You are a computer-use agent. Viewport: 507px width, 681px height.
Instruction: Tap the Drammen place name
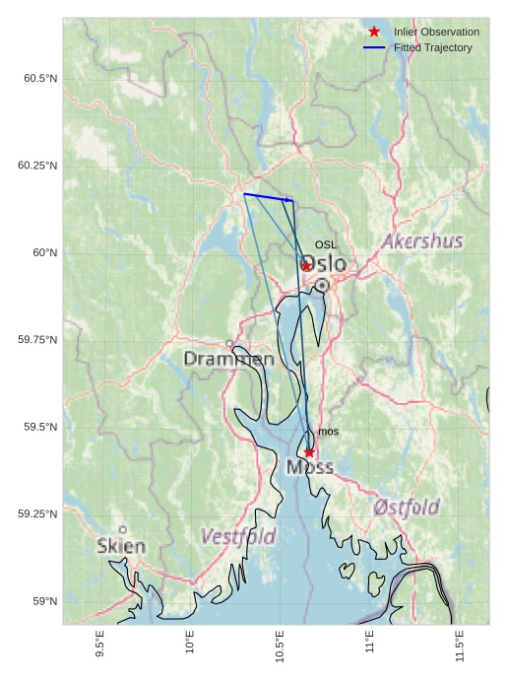[228, 359]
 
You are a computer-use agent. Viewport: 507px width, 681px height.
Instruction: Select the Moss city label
[310, 467]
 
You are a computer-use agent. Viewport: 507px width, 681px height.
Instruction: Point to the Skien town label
[121, 545]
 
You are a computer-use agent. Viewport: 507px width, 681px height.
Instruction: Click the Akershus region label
[422, 241]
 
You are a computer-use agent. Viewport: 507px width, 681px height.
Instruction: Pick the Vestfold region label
[238, 537]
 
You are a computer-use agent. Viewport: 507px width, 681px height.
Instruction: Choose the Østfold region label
[407, 508]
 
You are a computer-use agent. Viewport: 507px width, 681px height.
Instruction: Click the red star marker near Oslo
[306, 266]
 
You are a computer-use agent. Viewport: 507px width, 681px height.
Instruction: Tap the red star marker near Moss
[309, 452]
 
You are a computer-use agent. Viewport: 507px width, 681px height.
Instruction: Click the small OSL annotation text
[325, 244]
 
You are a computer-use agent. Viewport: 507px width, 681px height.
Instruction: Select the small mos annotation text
[328, 432]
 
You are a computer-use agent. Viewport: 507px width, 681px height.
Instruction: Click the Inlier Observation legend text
[436, 33]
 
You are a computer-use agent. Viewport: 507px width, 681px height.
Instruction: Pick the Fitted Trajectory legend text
[432, 47]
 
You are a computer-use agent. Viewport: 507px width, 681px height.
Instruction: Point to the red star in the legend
[374, 33]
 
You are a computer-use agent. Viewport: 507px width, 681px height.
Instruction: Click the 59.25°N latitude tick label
[36, 514]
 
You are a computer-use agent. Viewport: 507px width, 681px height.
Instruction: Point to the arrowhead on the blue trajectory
[289, 200]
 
